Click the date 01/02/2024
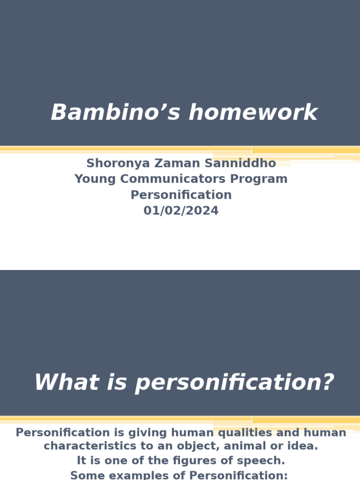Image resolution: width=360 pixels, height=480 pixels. coord(181,211)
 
